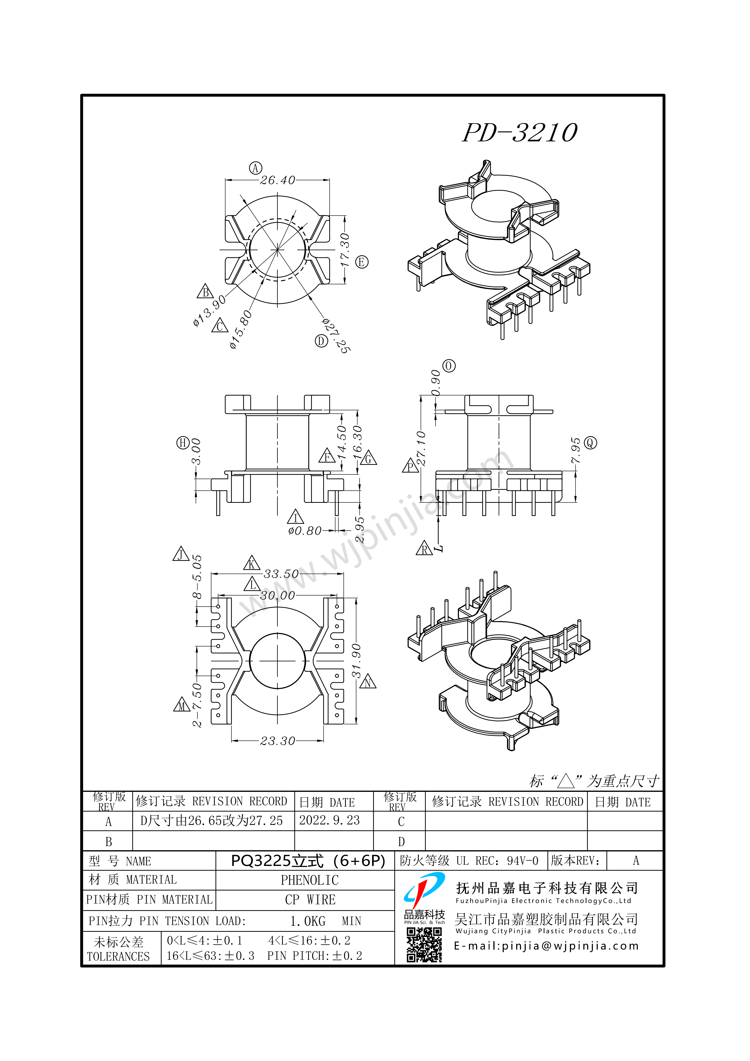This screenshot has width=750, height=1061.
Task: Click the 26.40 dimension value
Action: click(x=277, y=180)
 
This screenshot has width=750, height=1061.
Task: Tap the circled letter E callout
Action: click(x=362, y=262)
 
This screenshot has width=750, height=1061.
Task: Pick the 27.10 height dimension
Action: click(x=421, y=448)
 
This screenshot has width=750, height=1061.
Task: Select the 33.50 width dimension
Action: click(x=281, y=574)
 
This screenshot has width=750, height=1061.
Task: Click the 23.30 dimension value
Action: click(x=277, y=741)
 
